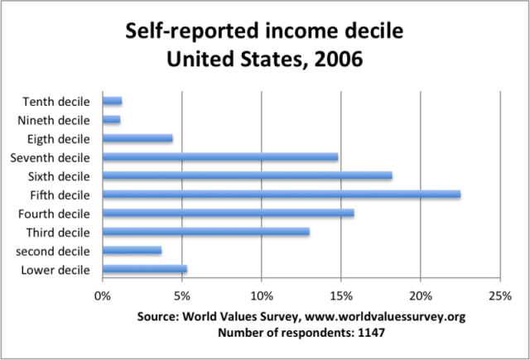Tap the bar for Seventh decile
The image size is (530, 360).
(x=220, y=156)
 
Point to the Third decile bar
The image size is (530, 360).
(x=205, y=232)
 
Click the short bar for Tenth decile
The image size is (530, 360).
(x=112, y=101)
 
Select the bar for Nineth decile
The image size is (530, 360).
(x=111, y=120)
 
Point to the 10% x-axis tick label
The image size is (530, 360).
(x=262, y=295)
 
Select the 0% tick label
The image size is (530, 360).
(x=103, y=295)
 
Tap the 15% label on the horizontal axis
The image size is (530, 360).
(x=341, y=295)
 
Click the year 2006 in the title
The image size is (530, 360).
(x=330, y=60)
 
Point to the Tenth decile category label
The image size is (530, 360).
(x=60, y=101)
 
